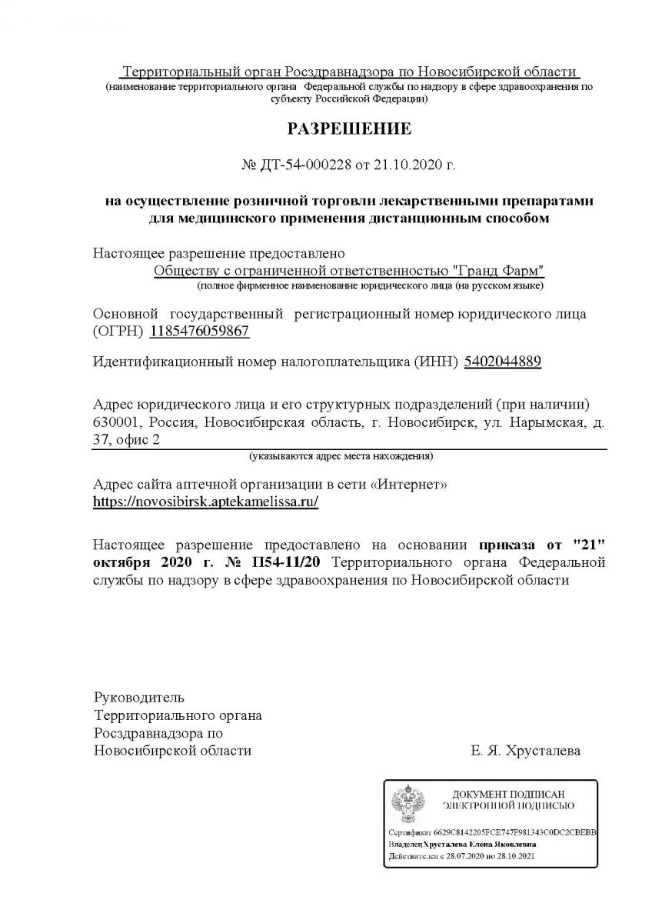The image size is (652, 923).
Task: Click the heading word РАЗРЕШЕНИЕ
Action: pos(349,128)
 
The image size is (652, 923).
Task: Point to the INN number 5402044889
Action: pos(503,362)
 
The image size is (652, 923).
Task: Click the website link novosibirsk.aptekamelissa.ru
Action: pos(205,501)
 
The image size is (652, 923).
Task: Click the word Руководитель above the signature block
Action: pos(138,698)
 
